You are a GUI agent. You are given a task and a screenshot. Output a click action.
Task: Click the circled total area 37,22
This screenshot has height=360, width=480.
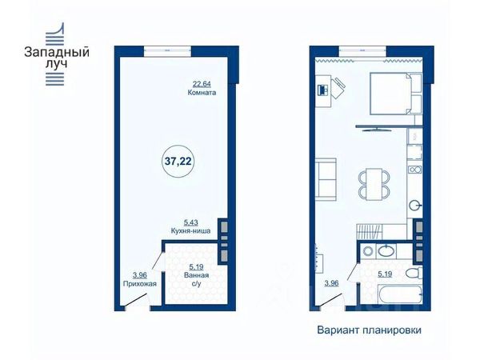178,161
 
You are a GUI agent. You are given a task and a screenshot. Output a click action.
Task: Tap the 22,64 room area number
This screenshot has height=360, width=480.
202,83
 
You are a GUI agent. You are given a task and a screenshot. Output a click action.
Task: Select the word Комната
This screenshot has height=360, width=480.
202,93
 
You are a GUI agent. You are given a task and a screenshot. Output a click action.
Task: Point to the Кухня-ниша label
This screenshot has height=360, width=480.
190,231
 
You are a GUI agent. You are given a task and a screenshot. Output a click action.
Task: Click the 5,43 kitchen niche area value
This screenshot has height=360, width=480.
190,222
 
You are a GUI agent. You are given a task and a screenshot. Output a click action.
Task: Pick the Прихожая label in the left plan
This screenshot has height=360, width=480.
139,284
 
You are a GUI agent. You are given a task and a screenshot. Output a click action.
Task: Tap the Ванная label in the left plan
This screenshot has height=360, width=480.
197,275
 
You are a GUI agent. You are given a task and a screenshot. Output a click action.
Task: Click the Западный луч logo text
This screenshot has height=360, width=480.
57,58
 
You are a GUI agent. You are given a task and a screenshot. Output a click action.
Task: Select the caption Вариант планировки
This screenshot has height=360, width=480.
369,330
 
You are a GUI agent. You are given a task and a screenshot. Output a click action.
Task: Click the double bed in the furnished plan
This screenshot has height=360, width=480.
395,94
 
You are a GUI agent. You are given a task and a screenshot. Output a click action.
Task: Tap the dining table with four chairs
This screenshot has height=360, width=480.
374,184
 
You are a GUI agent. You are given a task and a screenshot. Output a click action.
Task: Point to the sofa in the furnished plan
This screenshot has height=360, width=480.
326,179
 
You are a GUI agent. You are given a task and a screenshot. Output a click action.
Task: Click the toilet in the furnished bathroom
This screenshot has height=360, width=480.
414,272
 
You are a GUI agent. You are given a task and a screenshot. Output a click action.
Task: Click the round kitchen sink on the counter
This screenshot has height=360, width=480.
415,206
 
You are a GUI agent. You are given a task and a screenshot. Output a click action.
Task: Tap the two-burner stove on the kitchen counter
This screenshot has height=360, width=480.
415,170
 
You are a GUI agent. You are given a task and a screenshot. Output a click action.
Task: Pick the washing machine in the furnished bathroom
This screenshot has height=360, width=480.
368,251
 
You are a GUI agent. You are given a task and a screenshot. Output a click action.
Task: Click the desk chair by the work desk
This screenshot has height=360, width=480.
338,88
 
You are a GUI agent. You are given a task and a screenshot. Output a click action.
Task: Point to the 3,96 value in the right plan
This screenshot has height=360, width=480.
331,283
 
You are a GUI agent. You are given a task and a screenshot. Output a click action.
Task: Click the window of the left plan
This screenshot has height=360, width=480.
167,50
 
